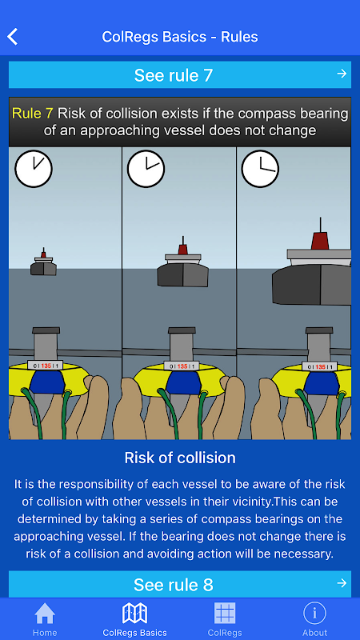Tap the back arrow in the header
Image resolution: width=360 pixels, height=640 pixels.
point(12,37)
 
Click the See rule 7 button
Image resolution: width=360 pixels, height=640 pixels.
point(179,74)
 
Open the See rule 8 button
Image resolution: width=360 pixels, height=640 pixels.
point(179,584)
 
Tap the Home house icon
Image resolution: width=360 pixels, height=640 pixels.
point(45,614)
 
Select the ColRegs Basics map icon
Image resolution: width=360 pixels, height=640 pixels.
point(135,614)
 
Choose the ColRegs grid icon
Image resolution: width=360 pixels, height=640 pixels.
point(225,614)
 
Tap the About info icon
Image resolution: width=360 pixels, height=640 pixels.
point(314,614)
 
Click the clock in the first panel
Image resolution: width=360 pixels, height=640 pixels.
point(34,169)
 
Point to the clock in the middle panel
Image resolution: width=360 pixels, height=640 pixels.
point(146,169)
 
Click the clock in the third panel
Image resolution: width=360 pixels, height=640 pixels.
point(261,169)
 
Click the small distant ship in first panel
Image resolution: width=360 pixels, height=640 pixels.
point(44,262)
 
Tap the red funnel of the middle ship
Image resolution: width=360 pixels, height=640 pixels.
point(183,249)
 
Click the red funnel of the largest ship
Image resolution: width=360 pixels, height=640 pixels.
point(320,241)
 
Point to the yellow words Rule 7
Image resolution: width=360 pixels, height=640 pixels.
point(33,114)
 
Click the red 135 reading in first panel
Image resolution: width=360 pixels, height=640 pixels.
point(46,366)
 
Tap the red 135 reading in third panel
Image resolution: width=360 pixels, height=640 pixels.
point(321,367)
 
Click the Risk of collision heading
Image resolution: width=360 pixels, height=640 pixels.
point(180,458)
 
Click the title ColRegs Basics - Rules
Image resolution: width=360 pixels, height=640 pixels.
point(180,37)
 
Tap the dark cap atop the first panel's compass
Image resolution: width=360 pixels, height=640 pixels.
point(46,330)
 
